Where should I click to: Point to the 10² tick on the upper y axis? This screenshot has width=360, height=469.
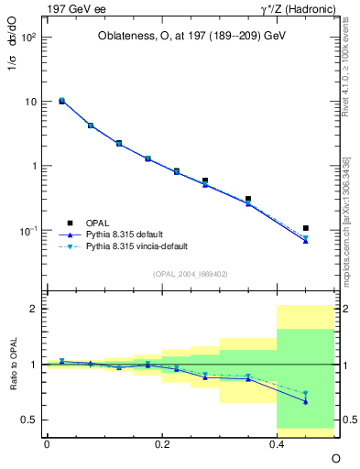pyautogui.click(x=31, y=38)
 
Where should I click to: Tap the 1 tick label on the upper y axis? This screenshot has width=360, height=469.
pyautogui.click(x=35, y=166)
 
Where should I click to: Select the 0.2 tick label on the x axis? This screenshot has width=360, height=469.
pyautogui.click(x=162, y=443)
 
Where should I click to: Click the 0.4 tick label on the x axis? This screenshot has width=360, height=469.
pyautogui.click(x=277, y=443)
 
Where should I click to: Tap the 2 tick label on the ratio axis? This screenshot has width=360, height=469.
pyautogui.click(x=36, y=309)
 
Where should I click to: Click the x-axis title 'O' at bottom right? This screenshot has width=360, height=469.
pyautogui.click(x=335, y=458)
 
